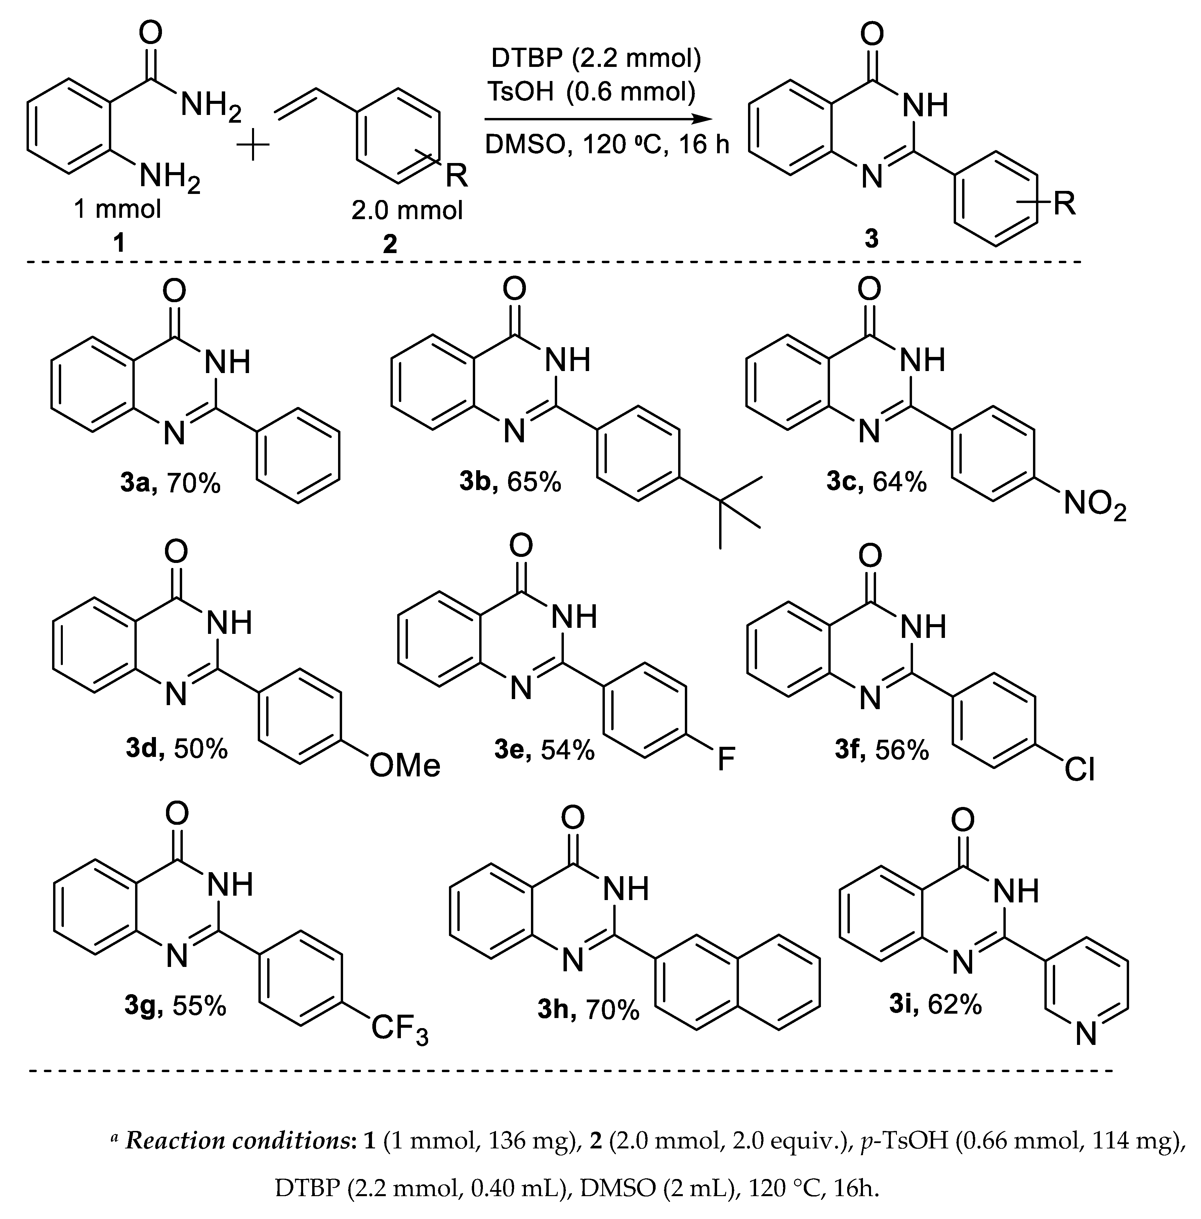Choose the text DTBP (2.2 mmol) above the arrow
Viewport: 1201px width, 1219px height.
[x=596, y=59]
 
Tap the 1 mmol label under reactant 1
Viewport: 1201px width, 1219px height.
[x=118, y=209]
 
